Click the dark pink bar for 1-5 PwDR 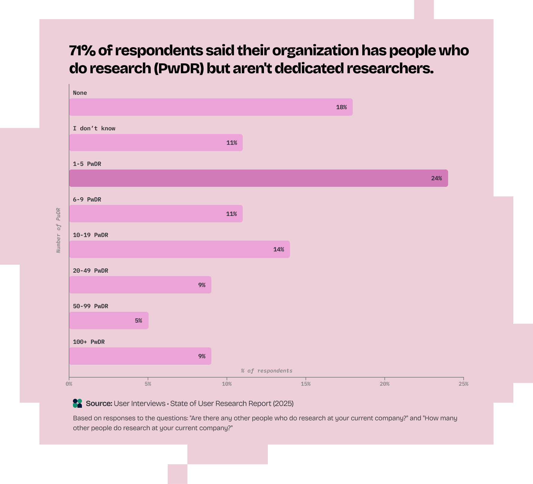(x=258, y=178)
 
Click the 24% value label (x=436, y=178)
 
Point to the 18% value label (x=341, y=107)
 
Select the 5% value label (x=138, y=321)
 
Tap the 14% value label (x=278, y=250)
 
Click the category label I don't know (x=94, y=129)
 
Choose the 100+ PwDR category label (x=88, y=342)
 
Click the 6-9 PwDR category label (x=87, y=200)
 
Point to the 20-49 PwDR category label (x=90, y=271)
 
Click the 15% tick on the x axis (x=306, y=384)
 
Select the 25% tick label (x=463, y=384)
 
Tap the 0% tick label (x=69, y=384)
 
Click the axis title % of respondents (x=266, y=371)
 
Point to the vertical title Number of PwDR (x=59, y=230)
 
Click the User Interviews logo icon (x=77, y=403)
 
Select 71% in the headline (x=82, y=51)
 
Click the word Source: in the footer (x=99, y=404)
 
